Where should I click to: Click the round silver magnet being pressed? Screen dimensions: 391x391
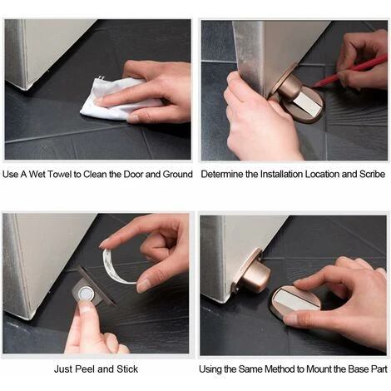pos(86,294)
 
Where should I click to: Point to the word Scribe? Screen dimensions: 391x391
pos(372,175)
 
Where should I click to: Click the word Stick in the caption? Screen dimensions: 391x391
pos(127,369)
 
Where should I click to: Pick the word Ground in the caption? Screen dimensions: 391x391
pos(177,175)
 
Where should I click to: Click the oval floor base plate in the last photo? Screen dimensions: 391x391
pos(294,302)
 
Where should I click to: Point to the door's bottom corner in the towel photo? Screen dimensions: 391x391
pos(26,88)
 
